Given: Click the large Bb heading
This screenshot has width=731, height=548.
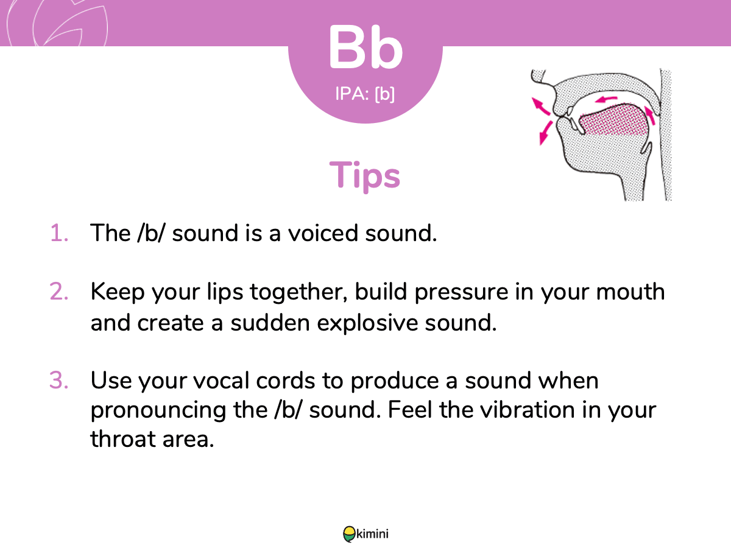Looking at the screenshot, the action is click(365, 47).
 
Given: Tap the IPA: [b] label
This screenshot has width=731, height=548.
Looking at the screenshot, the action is click(365, 94).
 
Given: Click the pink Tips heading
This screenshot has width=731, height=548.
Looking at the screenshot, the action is click(365, 175).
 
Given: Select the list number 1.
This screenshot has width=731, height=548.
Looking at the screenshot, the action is click(59, 233).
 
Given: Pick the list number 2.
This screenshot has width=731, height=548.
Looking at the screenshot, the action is click(59, 292).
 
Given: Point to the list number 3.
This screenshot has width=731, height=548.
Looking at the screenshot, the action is click(59, 380).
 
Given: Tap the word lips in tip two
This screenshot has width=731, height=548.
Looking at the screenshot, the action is click(225, 292).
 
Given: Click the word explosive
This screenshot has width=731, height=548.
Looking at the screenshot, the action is click(367, 323).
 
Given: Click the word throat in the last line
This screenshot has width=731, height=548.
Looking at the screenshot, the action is click(123, 438).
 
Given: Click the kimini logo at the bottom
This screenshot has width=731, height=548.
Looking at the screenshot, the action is click(365, 534).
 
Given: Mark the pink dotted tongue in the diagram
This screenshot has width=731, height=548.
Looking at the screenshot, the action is click(613, 121).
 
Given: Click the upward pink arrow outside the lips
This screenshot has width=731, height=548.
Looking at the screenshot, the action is click(540, 106).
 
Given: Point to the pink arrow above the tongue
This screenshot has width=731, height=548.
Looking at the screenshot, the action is click(606, 99).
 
